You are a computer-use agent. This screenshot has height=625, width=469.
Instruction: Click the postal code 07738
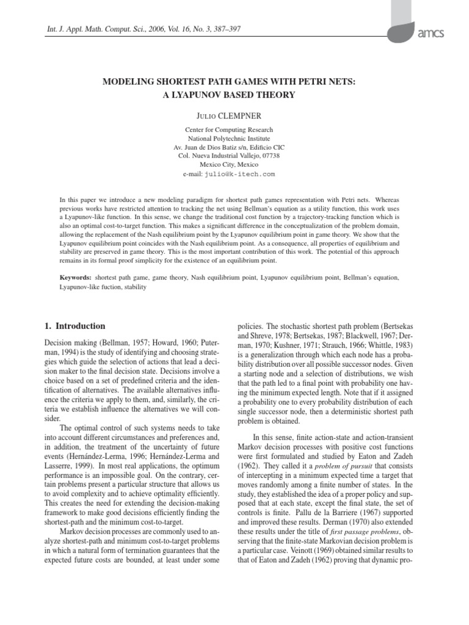[269, 156]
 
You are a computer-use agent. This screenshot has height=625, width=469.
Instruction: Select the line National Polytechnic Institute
[229, 139]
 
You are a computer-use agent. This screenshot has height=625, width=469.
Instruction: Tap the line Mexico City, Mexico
[229, 165]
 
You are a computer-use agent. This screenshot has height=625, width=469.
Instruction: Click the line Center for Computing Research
[229, 129]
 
